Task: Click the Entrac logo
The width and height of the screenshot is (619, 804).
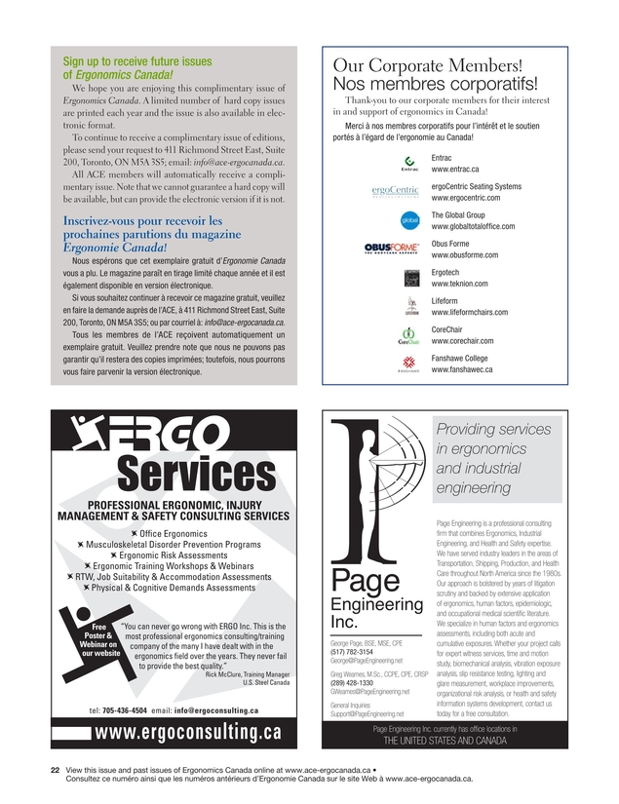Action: point(409,163)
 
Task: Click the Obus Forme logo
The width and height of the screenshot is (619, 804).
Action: point(391,249)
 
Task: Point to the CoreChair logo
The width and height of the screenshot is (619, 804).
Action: point(409,336)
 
